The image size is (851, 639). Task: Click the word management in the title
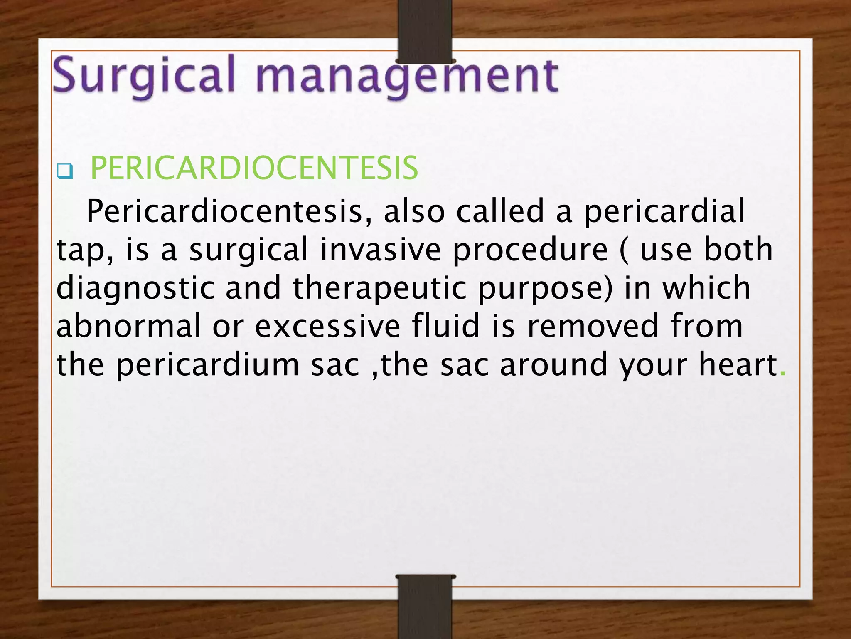pos(407,77)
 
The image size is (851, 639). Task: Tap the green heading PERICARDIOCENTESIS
pos(254,168)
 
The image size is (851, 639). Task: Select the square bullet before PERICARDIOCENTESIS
pos(65,171)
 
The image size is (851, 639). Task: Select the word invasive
pos(380,250)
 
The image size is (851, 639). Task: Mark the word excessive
pos(327,326)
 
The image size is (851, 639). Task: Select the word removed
pos(593,326)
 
